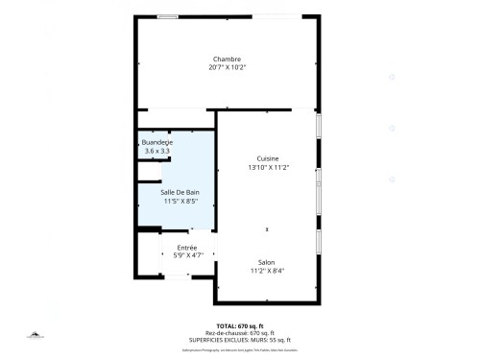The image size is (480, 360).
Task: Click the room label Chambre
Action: (227, 59)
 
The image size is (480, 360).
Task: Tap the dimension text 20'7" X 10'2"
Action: (227, 67)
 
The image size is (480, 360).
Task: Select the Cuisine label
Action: (268, 158)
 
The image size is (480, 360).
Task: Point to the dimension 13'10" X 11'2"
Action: (268, 167)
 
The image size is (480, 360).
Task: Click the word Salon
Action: (267, 261)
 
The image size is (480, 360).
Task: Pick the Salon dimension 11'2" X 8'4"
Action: (267, 270)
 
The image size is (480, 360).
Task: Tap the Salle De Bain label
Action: (180, 193)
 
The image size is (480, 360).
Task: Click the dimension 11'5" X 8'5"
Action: (180, 202)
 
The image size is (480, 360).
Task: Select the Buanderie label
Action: (156, 142)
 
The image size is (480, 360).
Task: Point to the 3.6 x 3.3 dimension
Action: (156, 151)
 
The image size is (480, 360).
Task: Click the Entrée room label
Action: (187, 248)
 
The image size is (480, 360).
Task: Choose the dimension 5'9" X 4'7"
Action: (187, 255)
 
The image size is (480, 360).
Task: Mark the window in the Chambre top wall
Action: (167, 16)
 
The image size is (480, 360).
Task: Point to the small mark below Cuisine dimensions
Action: (268, 228)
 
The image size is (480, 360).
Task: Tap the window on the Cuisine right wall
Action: (318, 125)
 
